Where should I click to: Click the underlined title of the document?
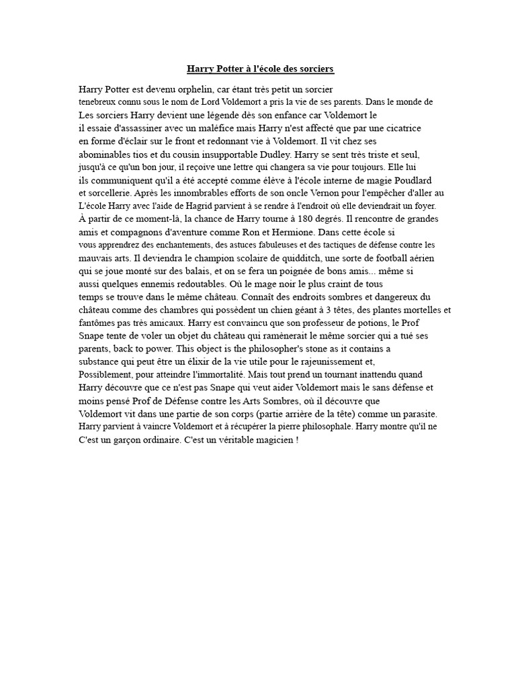259,69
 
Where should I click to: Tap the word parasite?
416,413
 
